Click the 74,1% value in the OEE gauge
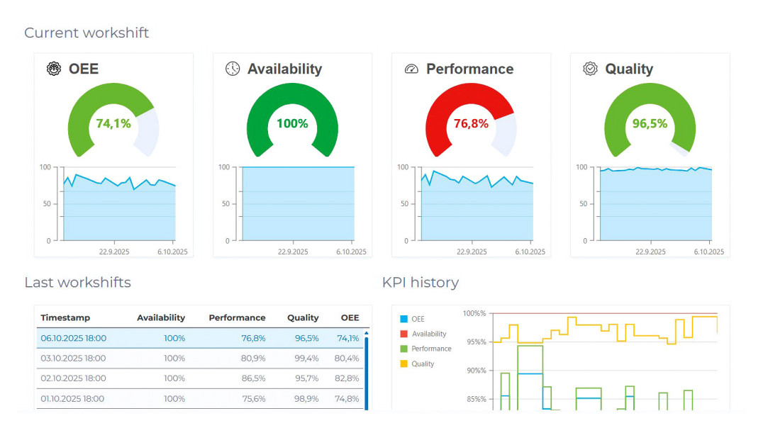(113, 123)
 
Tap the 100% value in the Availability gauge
(292, 123)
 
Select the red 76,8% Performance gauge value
(471, 123)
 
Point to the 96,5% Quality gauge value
(650, 123)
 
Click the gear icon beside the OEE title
(54, 69)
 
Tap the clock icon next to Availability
(233, 69)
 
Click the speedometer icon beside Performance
(411, 69)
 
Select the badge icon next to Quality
(590, 69)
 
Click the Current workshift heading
(87, 33)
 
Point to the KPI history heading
(421, 283)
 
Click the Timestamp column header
(65, 317)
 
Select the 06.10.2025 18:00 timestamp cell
(74, 338)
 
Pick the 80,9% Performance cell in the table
(254, 359)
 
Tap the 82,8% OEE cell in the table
(347, 378)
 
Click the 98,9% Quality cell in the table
(306, 399)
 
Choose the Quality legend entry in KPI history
(417, 364)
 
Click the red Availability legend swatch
(403, 334)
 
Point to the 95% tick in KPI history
(477, 342)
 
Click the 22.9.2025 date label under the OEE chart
(114, 252)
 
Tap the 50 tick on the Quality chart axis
(583, 204)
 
